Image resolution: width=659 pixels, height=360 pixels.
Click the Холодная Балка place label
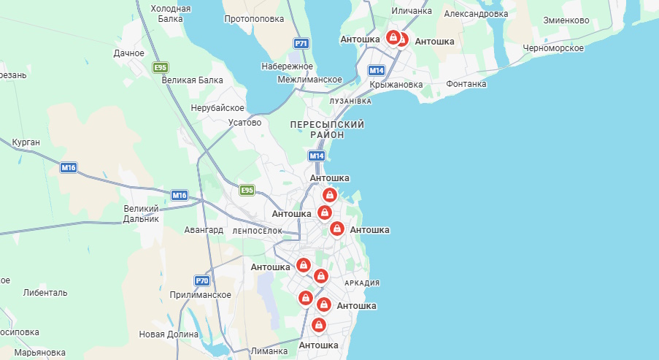coord(170,14)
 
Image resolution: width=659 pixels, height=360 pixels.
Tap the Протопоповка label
coord(255,19)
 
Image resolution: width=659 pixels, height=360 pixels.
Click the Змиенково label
coord(566,20)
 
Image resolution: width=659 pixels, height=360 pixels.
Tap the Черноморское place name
coord(553,48)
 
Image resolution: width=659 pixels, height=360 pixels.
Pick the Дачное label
coord(129,53)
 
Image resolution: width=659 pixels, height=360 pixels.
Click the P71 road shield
coord(301,44)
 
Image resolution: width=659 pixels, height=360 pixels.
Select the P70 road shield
coord(202,280)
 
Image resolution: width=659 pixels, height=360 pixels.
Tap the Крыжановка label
coord(396,85)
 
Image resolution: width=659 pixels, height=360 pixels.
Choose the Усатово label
coord(244,123)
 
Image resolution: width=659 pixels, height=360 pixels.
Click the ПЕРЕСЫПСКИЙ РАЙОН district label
coord(327,130)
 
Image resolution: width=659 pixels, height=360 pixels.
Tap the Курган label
coord(26,142)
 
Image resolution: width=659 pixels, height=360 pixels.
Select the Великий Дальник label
coord(141,213)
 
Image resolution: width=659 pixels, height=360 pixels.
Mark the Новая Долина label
coord(169,334)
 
